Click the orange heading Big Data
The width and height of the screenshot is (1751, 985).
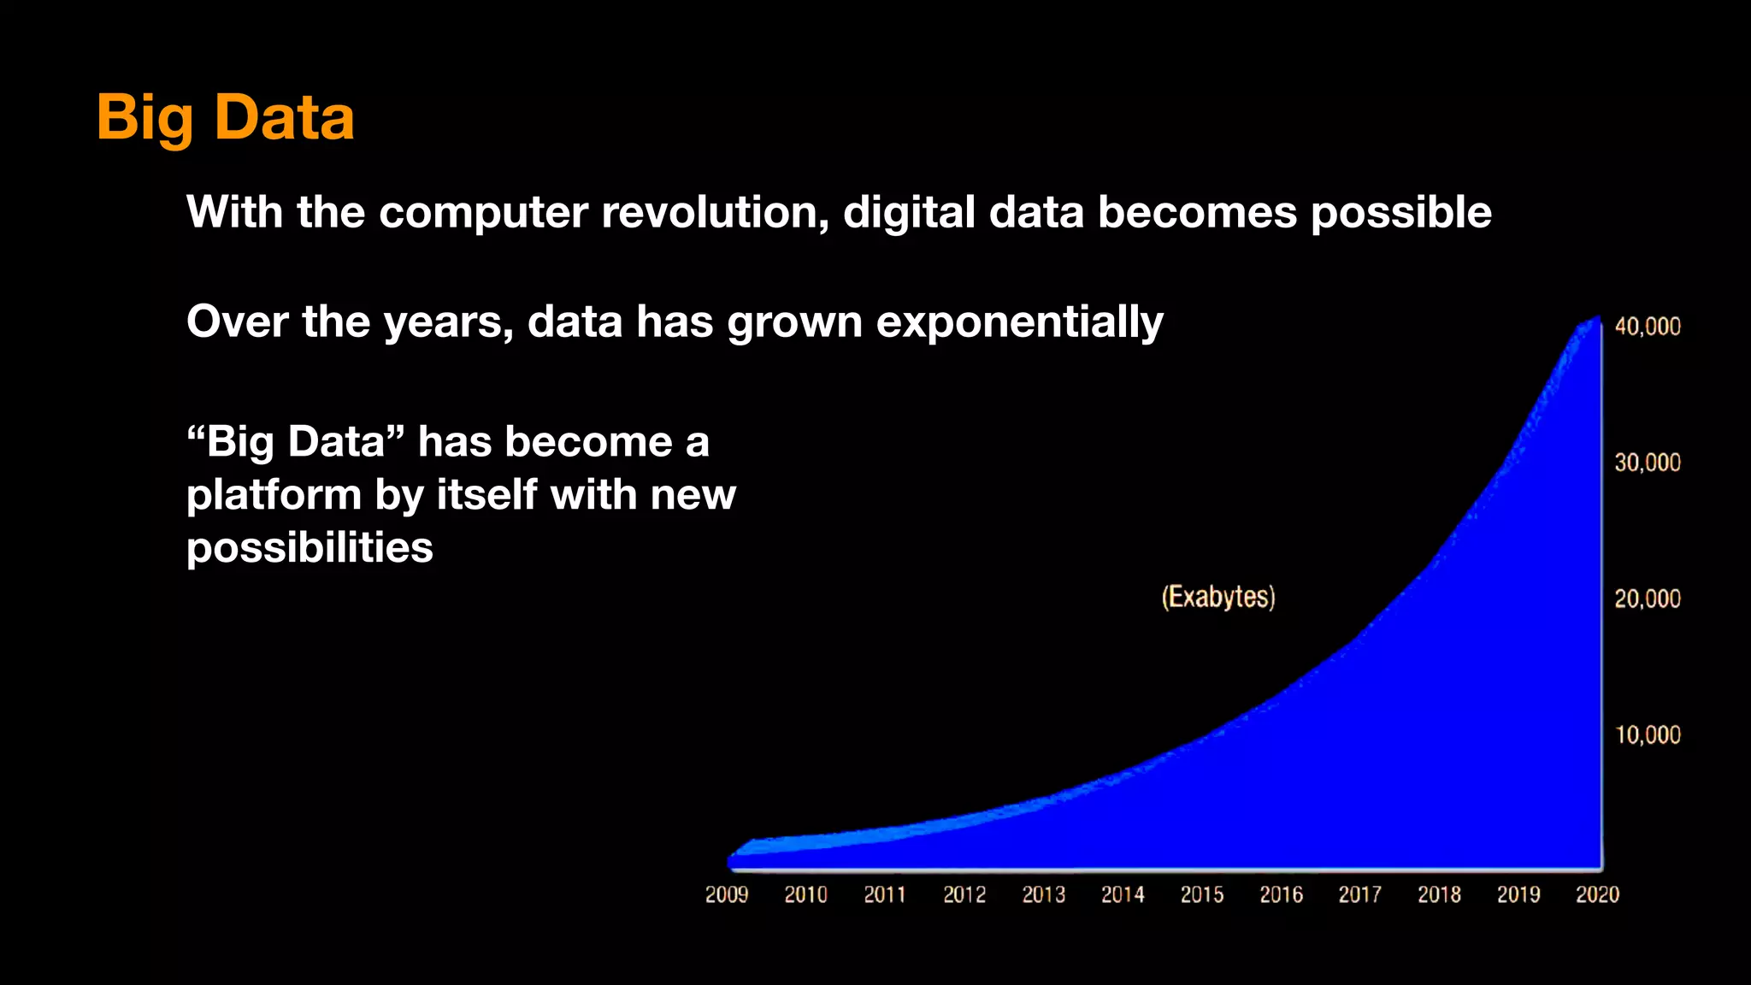pos(225,117)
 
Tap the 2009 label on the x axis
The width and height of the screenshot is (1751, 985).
pos(726,894)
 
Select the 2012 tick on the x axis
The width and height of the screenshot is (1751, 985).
pos(964,894)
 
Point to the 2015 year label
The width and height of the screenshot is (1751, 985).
pos(1201,894)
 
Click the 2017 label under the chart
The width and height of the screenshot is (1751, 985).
pos(1359,894)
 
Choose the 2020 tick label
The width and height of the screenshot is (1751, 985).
pos(1597,894)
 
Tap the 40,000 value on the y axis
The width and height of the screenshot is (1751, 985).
pos(1647,327)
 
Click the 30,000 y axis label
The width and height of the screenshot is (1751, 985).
pos(1647,463)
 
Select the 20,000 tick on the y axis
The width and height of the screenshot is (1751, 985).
pos(1647,599)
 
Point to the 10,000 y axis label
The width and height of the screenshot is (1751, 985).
pos(1647,734)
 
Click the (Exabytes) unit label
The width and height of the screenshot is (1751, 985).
pos(1217,597)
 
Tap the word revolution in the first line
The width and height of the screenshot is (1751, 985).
pos(715,212)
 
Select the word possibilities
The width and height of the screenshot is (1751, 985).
pos(310,547)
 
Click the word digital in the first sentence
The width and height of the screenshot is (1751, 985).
pos(909,212)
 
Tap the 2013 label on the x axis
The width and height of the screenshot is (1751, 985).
pos(1043,894)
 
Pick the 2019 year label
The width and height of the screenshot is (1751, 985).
pos(1518,894)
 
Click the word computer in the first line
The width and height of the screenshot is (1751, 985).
pos(483,212)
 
